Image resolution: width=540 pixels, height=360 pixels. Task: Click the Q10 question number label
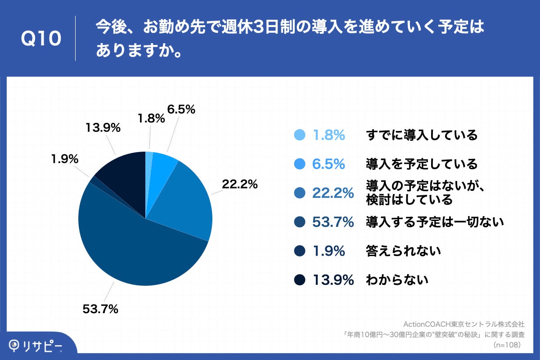[41, 39]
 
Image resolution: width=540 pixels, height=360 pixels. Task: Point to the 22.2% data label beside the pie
[239, 184]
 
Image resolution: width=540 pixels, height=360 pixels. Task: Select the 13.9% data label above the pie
[103, 128]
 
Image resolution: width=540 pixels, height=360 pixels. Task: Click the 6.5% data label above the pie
[181, 109]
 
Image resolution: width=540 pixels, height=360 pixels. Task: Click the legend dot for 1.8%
[299, 135]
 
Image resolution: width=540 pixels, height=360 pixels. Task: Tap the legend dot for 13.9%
[299, 280]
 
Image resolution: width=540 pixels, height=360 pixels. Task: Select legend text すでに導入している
[421, 135]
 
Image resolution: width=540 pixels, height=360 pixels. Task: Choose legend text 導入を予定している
[421, 164]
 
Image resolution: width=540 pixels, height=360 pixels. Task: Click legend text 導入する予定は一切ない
[434, 222]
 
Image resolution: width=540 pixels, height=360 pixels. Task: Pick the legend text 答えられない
[403, 251]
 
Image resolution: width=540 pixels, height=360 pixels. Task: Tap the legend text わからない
[396, 280]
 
